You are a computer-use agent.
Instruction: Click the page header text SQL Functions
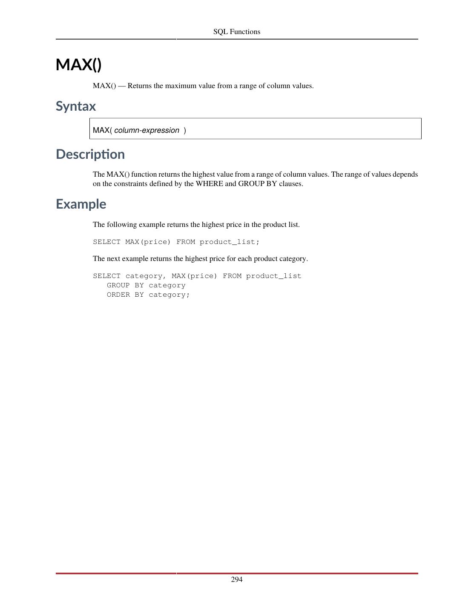tap(236, 32)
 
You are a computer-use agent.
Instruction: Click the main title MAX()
tap(79, 65)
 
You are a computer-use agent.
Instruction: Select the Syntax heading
tap(76, 106)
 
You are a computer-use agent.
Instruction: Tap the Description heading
tap(90, 154)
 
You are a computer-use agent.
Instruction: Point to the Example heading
tap(81, 204)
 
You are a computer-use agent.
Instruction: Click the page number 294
tap(237, 579)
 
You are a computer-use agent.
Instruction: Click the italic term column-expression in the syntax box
tap(147, 130)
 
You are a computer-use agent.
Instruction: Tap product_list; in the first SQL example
tap(230, 242)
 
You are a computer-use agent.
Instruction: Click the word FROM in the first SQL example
tap(186, 242)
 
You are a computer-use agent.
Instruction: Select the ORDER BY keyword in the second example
tap(125, 295)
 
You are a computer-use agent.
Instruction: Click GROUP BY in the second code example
tap(125, 285)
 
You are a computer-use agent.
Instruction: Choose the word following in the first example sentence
tap(122, 224)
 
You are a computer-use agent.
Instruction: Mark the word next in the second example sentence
tap(114, 258)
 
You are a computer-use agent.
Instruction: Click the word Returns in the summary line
tap(139, 86)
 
